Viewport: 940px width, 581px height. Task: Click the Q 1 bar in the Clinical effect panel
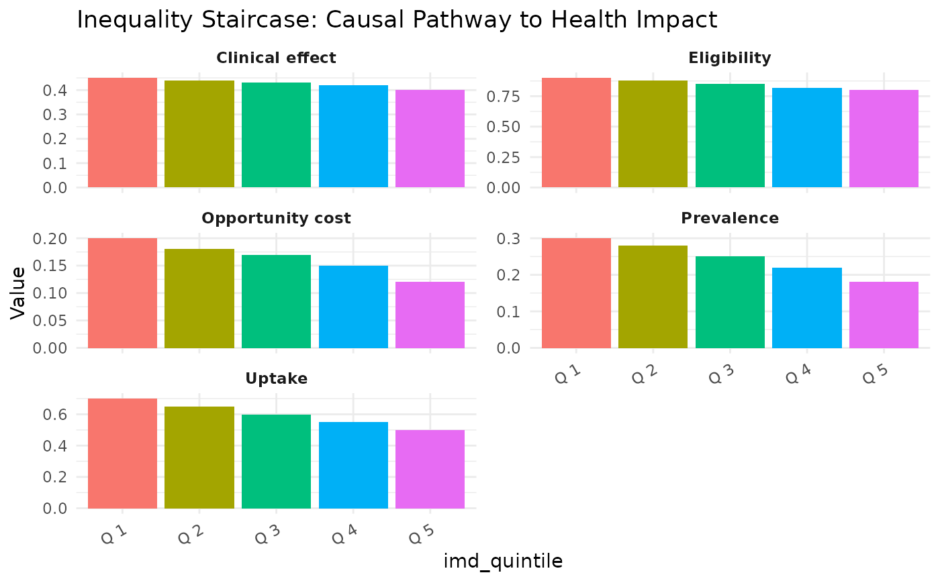coord(122,133)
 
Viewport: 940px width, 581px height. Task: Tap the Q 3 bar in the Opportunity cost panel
coord(276,301)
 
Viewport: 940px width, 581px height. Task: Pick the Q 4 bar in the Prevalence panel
coord(806,308)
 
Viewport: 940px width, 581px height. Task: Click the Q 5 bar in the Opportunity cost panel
coord(430,315)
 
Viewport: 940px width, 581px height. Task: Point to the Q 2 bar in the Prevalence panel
coord(653,297)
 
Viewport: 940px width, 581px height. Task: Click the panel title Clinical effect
coord(276,58)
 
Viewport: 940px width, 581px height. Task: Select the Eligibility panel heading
coord(730,58)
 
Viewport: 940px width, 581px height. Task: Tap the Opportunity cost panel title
coord(276,219)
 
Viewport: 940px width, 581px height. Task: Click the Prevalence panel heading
coord(730,219)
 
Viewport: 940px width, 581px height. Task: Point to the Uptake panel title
coord(276,379)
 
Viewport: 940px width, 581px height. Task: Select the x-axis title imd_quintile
coord(503,562)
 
